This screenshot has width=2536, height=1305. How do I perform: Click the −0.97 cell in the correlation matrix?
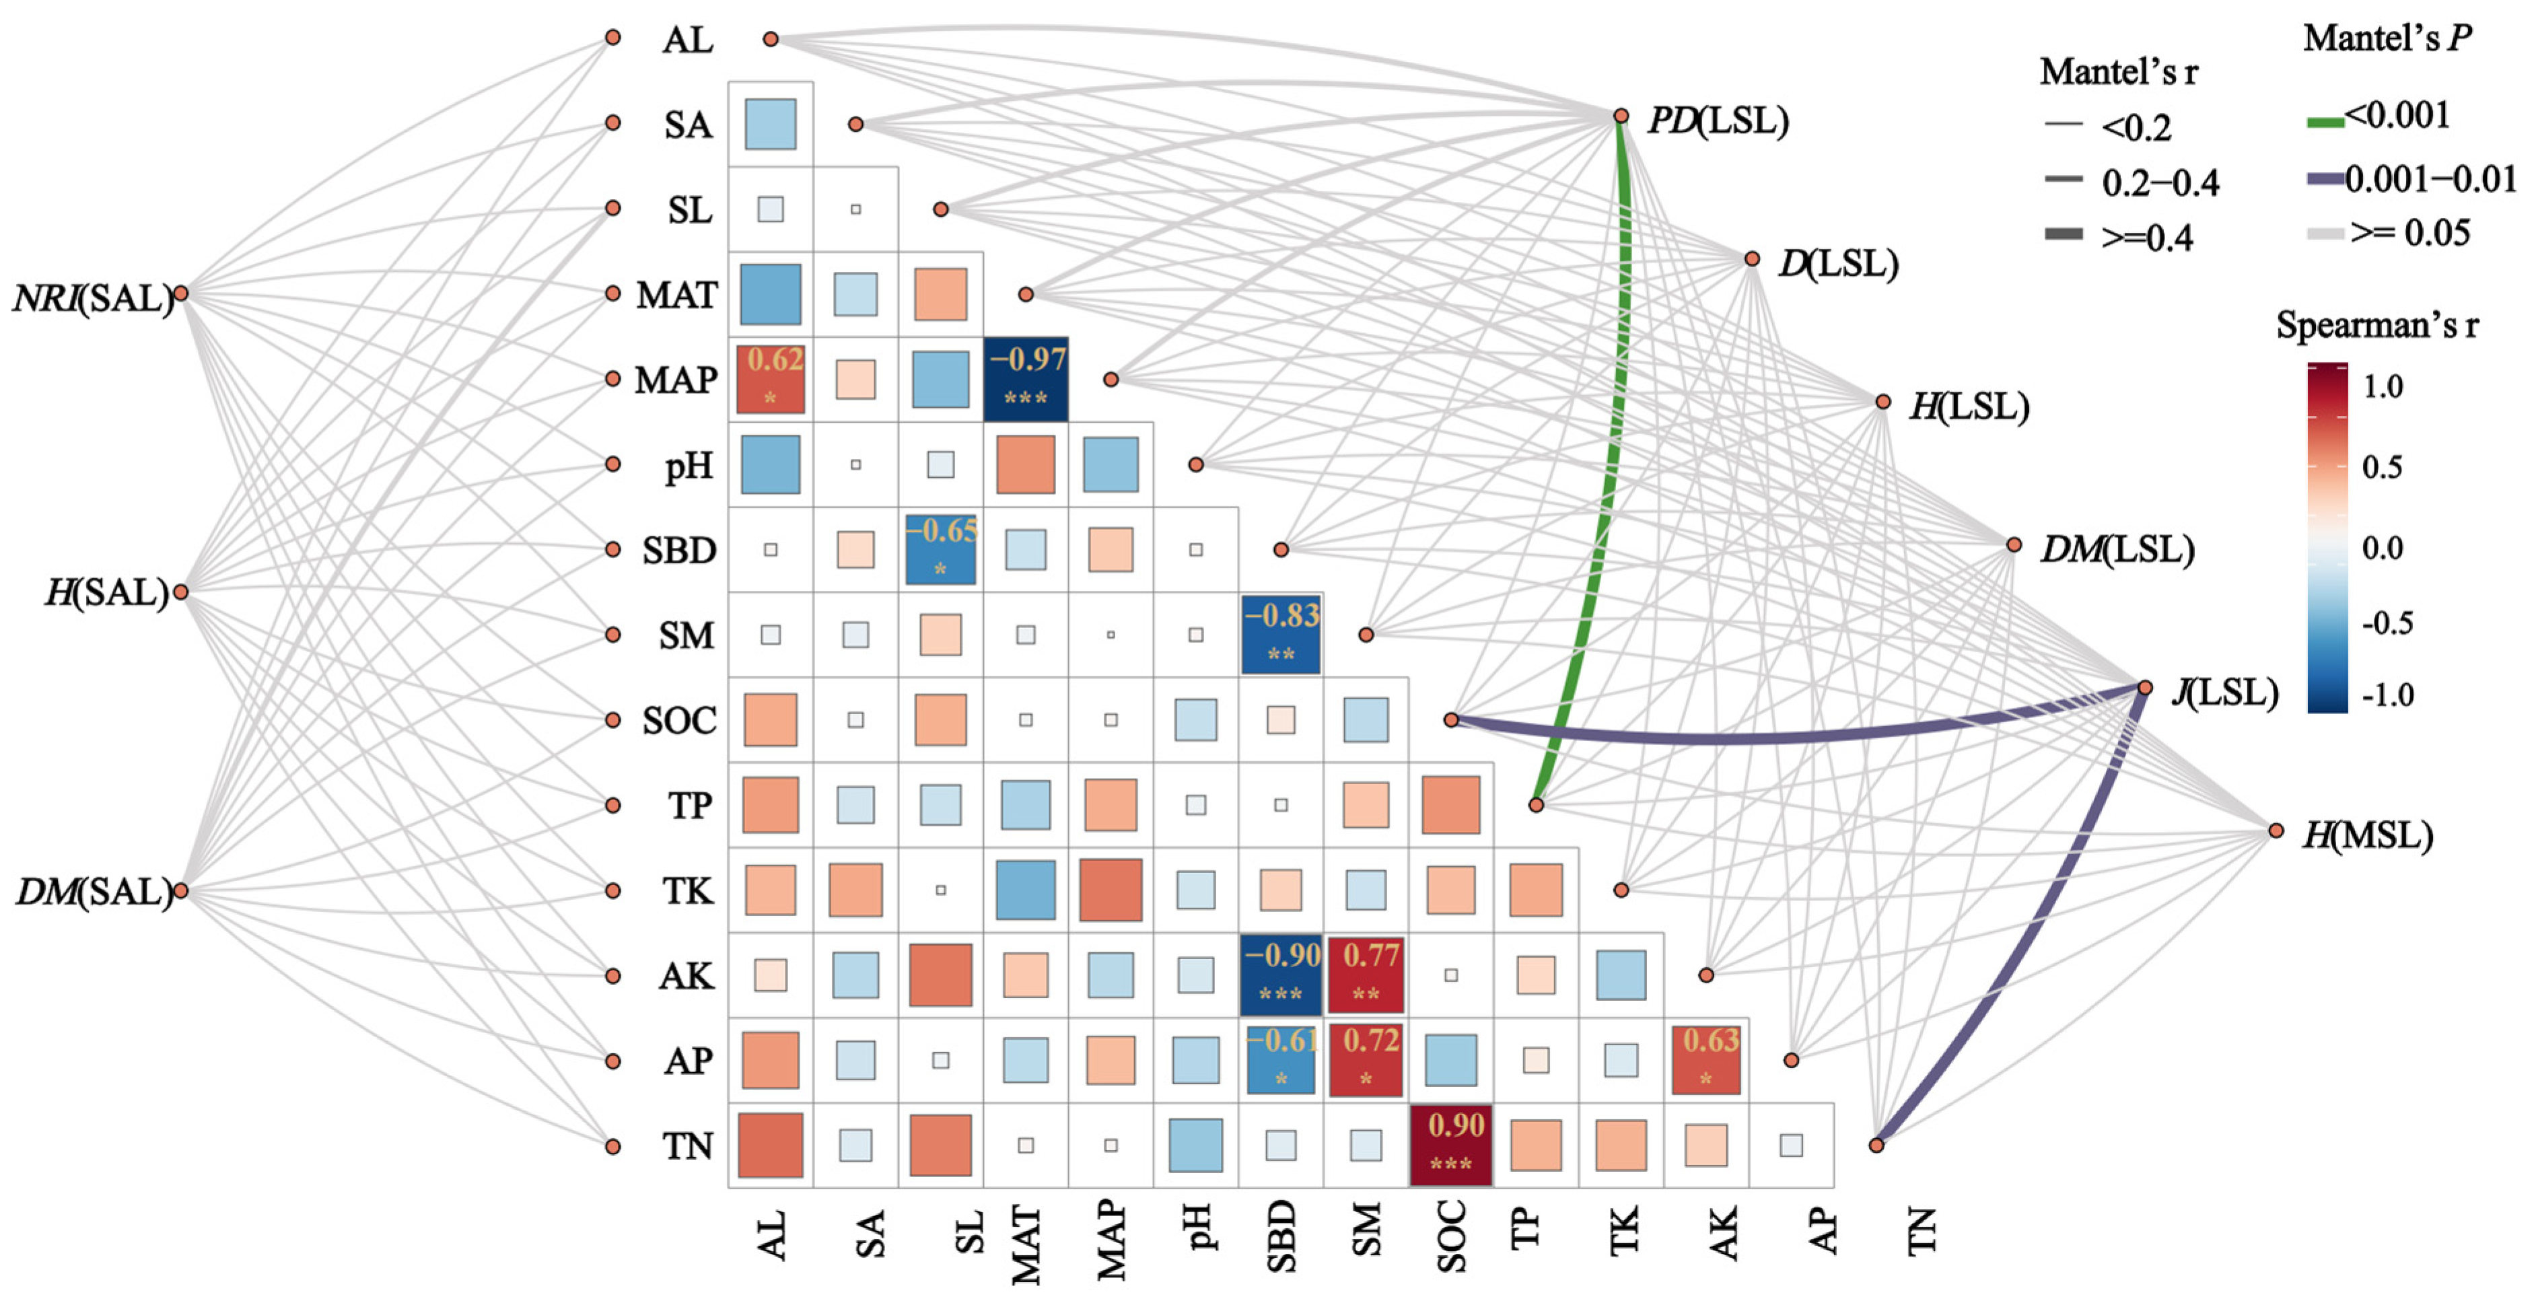click(x=1026, y=379)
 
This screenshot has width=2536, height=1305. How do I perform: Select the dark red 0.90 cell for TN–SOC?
click(x=1451, y=1145)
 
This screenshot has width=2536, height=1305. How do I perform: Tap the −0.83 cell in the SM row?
click(x=1281, y=634)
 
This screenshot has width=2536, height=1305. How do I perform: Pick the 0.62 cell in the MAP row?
click(x=771, y=379)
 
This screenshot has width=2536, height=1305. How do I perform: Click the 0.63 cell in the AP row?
click(x=1706, y=1060)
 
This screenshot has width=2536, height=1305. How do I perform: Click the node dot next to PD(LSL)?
click(x=1621, y=116)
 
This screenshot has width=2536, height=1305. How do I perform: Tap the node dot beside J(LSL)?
click(x=2145, y=687)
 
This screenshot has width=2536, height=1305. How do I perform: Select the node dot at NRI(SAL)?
click(x=181, y=293)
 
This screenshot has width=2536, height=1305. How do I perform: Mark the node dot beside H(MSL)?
click(x=2275, y=831)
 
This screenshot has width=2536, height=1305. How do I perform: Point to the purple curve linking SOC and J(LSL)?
click(x=1772, y=737)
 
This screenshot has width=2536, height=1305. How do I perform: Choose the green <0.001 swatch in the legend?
click(x=2325, y=122)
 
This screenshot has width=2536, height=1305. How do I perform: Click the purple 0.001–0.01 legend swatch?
click(x=2325, y=179)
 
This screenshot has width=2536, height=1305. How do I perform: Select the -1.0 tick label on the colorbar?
click(x=2387, y=695)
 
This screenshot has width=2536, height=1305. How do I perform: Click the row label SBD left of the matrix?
click(x=679, y=550)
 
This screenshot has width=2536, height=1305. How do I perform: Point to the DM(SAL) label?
click(x=94, y=892)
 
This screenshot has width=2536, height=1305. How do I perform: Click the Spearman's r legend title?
click(x=2376, y=325)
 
